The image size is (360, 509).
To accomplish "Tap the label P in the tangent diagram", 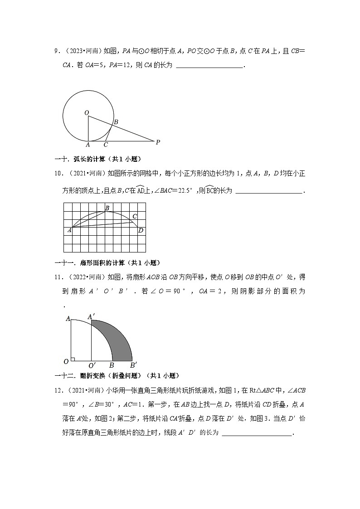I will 158,142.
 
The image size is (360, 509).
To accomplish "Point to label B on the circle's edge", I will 116,122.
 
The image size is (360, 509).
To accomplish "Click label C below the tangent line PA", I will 106,145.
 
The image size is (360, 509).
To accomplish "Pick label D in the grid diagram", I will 141,230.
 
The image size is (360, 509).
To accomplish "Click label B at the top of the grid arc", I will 107,208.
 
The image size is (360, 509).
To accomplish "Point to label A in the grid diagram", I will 69,230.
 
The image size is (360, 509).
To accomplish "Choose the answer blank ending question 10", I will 269,191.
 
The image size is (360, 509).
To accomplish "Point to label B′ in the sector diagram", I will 134,365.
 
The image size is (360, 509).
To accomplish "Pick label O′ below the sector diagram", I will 92,365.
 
